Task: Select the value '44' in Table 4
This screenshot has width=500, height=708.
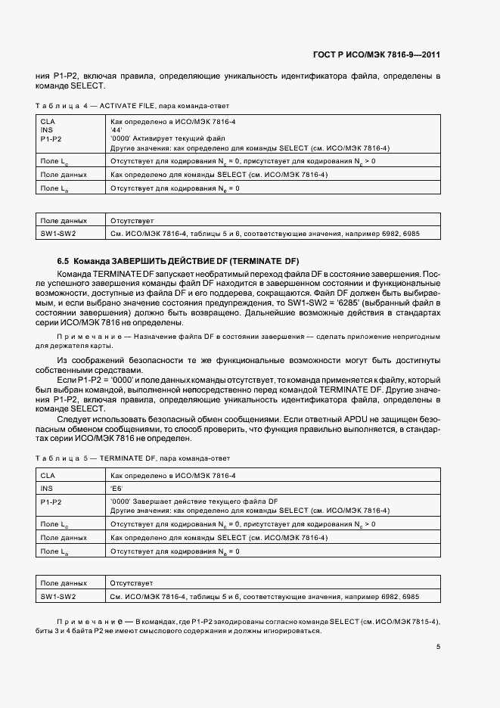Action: [x=116, y=130]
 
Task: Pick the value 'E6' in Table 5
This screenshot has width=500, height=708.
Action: [x=116, y=488]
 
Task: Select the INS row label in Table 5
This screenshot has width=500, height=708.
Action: [x=46, y=488]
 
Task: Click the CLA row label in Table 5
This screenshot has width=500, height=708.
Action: [x=48, y=475]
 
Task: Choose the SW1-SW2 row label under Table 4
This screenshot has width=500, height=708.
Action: [x=58, y=234]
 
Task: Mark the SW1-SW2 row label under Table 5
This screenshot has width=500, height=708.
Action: [x=58, y=597]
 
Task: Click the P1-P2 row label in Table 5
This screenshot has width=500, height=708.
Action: [x=51, y=501]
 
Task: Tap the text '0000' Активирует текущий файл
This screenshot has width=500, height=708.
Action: [x=157, y=139]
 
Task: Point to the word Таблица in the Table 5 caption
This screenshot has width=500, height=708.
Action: [x=60, y=459]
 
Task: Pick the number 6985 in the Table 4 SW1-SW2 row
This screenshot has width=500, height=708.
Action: [x=411, y=234]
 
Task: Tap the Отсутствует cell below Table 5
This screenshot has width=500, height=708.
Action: [x=132, y=584]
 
